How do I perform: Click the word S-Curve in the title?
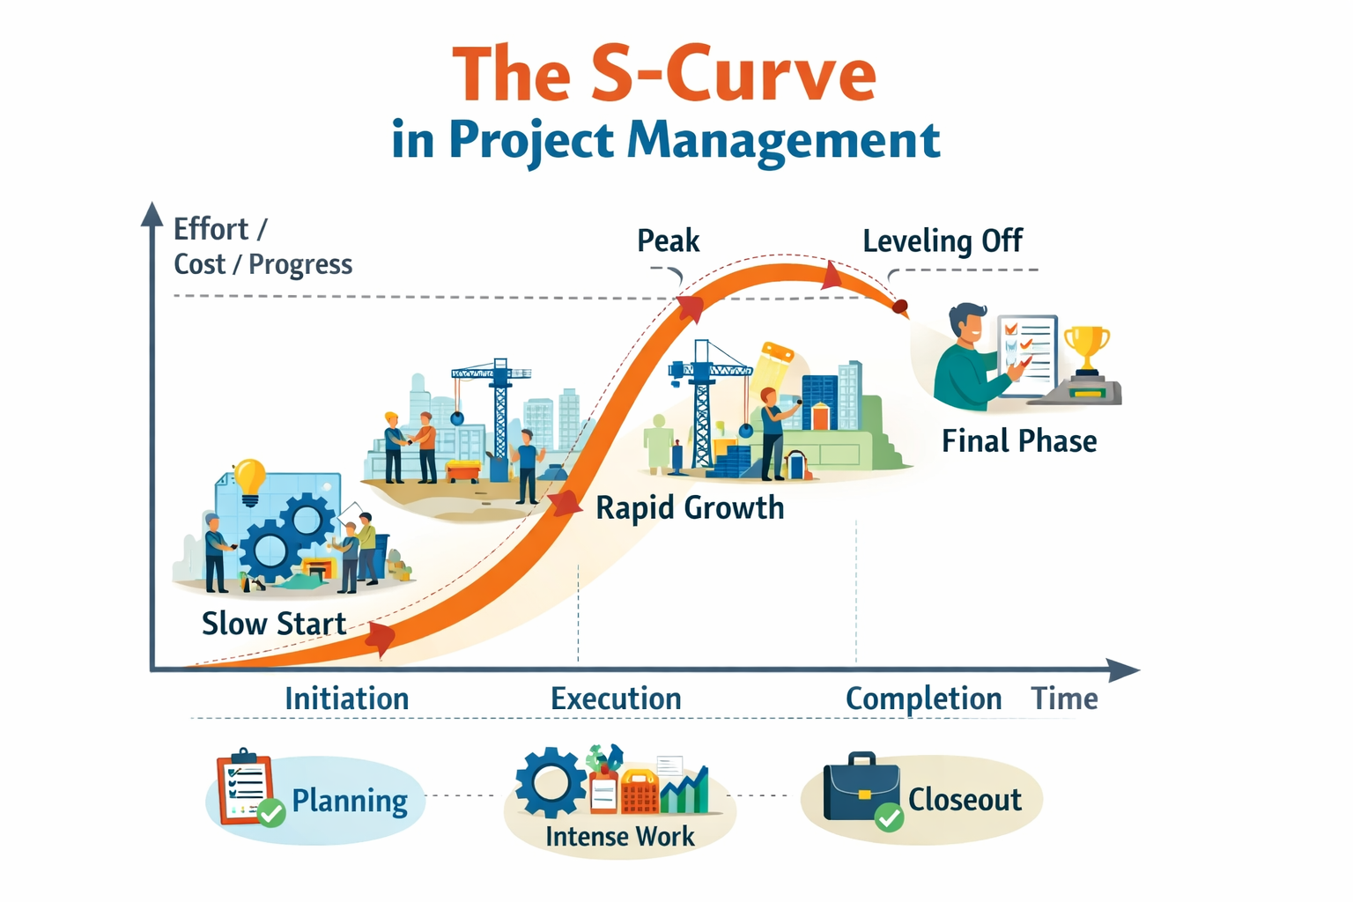tap(733, 75)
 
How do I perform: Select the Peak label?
tap(668, 240)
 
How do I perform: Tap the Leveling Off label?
tap(942, 240)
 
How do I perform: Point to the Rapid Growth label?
tap(689, 508)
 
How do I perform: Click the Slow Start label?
tap(274, 624)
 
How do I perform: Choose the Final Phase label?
tap(1018, 440)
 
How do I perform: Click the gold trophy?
tap(1087, 346)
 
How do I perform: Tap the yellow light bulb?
tap(249, 480)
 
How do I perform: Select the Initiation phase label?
tap(346, 699)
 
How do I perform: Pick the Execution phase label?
tap(616, 699)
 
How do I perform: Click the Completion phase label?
tap(923, 699)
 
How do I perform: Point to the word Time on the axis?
tap(1064, 699)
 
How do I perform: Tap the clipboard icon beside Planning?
tap(244, 787)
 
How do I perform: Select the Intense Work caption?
tap(619, 836)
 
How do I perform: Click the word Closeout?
tap(965, 800)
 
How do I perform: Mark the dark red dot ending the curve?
tap(899, 307)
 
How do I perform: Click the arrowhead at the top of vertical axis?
tap(152, 214)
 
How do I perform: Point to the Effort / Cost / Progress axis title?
tap(262, 247)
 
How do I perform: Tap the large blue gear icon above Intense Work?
tap(551, 782)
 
